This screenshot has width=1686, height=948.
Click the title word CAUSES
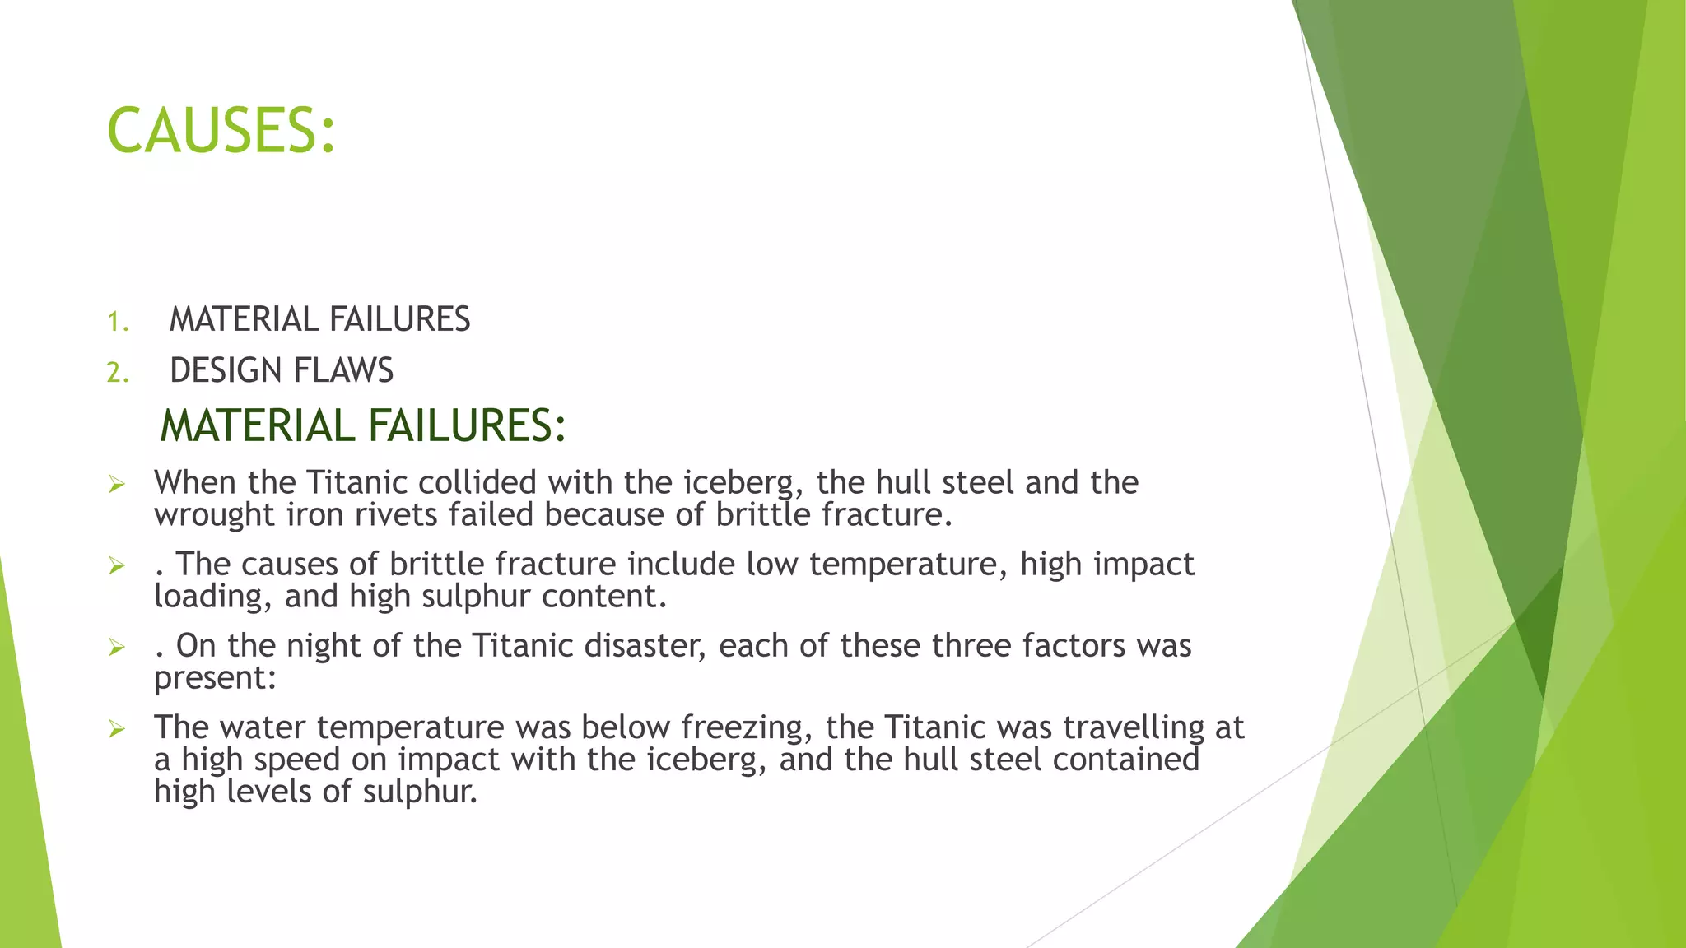coord(221,131)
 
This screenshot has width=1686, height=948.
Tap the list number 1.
coord(118,322)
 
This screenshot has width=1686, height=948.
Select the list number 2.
coord(118,373)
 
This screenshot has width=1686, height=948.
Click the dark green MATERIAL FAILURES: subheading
coord(362,425)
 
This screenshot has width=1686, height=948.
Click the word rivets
coord(398,515)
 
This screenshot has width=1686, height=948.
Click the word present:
coord(215,679)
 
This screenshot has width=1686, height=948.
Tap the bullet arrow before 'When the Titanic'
coord(117,485)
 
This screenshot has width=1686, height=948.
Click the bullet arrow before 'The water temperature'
coord(117,729)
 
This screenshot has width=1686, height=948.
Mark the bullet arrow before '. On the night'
coord(117,648)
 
